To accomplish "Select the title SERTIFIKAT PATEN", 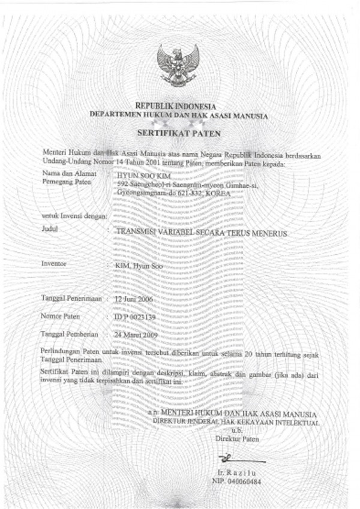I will [179, 131].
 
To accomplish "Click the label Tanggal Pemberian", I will [68, 333].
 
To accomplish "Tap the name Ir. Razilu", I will [233, 473].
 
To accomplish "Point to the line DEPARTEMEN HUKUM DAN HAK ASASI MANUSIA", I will [179, 114].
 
